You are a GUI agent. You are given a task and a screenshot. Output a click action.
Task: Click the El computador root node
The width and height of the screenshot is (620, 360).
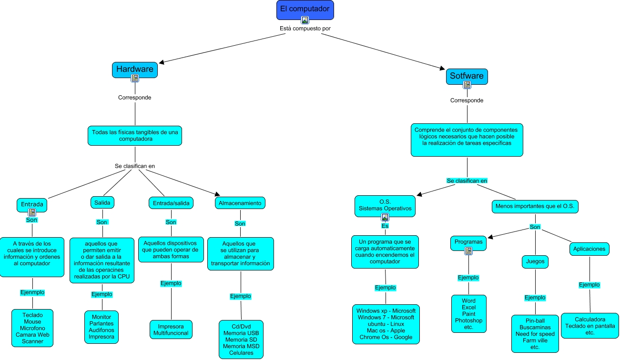coord(305,10)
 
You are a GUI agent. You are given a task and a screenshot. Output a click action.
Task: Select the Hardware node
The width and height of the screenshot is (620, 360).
coord(135,69)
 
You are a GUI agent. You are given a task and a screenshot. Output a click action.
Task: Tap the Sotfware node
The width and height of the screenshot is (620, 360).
coord(467,76)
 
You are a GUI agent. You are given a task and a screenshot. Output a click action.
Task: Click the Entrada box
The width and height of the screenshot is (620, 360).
coord(32,204)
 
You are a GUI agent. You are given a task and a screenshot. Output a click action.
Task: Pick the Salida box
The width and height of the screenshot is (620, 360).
coord(102,202)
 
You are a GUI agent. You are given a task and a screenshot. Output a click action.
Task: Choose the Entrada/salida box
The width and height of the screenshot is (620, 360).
coord(171,203)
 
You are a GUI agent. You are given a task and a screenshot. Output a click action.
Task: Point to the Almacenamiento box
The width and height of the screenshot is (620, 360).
coord(240,203)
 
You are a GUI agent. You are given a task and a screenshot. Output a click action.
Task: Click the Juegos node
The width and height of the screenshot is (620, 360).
coord(535,261)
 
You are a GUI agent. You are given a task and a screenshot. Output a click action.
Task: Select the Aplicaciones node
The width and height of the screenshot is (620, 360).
coord(589,249)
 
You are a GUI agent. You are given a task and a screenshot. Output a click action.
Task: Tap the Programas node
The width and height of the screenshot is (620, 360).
coord(468,242)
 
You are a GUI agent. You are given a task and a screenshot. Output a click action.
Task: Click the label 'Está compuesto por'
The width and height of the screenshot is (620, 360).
coord(305,28)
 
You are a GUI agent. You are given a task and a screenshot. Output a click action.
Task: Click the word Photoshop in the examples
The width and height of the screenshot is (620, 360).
coord(468,320)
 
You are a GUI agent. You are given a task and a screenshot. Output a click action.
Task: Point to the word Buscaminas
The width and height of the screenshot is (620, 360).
coord(535,327)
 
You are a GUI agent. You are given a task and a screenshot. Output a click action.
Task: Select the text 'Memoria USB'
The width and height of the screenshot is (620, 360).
coord(241,332)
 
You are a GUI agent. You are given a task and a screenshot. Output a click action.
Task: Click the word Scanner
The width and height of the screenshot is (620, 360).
coord(32,341)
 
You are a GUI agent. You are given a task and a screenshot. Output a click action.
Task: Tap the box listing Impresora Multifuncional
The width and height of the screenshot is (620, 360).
coord(171,330)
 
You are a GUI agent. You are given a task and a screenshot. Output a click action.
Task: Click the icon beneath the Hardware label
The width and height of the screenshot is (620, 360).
coord(135,78)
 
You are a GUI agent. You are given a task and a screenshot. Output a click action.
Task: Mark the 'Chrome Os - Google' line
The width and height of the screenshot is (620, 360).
coord(386,337)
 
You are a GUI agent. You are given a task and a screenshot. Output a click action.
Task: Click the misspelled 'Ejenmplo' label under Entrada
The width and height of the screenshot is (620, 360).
coord(32,292)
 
